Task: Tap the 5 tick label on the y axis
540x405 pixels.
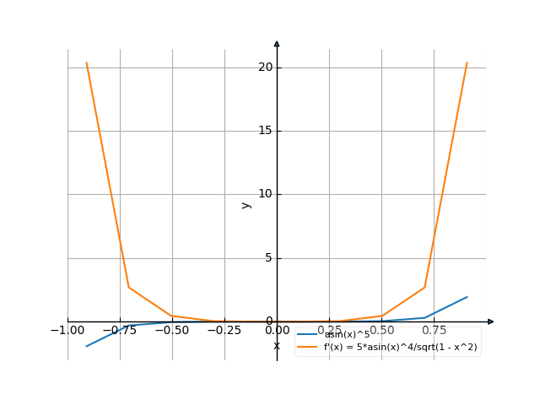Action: (269, 257)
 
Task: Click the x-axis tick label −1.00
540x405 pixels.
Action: (67, 331)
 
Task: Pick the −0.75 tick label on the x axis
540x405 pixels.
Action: (120, 331)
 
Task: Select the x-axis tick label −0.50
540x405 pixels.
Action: (172, 331)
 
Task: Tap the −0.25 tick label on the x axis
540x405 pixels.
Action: (224, 331)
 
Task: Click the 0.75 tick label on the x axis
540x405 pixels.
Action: (434, 331)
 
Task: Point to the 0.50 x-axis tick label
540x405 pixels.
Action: (381, 331)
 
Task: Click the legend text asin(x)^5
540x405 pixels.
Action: (348, 335)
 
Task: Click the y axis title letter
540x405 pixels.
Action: (246, 204)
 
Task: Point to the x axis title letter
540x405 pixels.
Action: (277, 345)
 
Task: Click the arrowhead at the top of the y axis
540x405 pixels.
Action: (277, 43)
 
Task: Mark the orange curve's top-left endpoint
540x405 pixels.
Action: (86, 62)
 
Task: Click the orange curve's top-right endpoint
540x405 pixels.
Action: (467, 62)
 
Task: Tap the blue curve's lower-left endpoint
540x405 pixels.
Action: (86, 347)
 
